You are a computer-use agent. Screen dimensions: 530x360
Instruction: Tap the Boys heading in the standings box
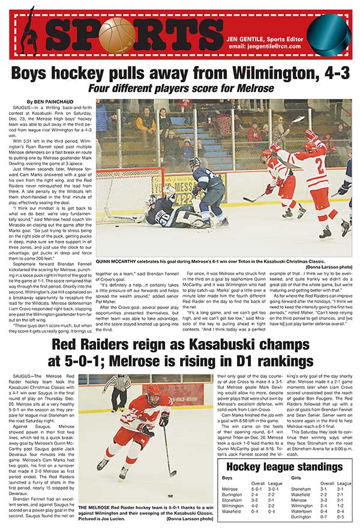click(227, 478)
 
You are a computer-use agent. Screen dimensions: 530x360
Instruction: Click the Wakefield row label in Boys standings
click(232, 511)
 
